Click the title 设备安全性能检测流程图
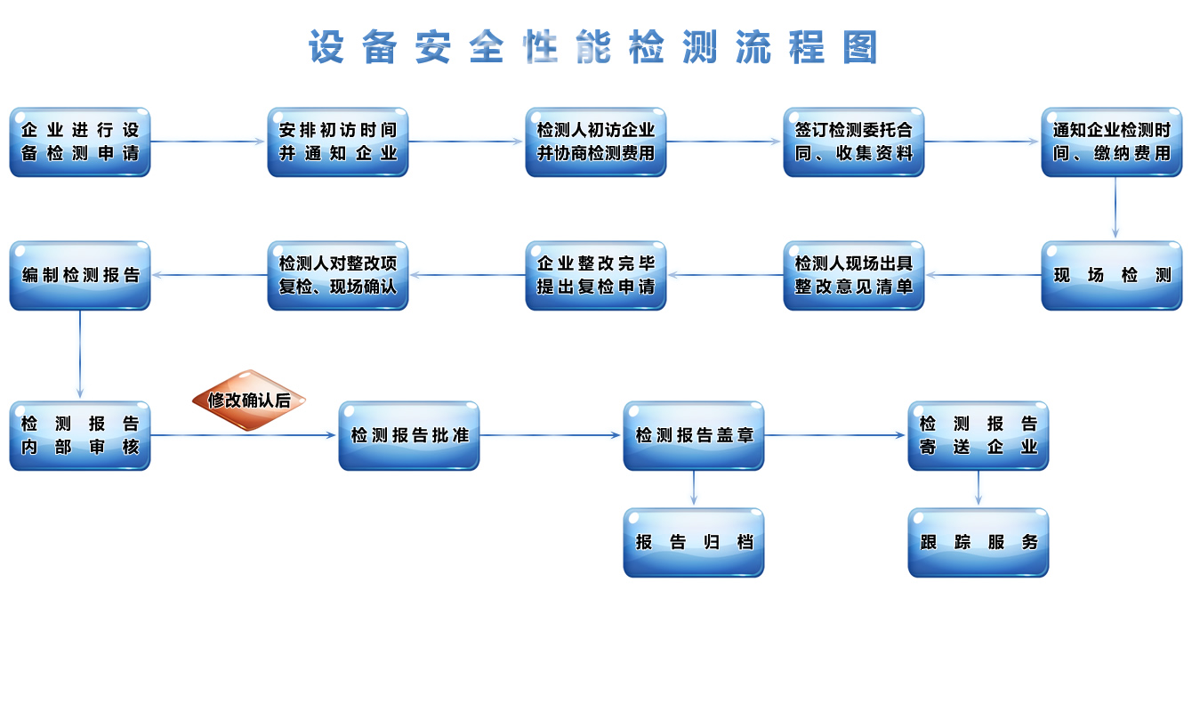(x=594, y=47)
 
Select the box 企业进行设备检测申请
(x=80, y=142)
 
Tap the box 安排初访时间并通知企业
(x=338, y=142)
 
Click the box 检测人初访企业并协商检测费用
(x=596, y=142)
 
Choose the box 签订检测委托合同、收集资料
(x=854, y=142)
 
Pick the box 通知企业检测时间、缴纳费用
(x=1112, y=142)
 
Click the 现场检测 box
(x=1112, y=276)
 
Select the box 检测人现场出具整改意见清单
(x=854, y=276)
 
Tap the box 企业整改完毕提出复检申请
(x=596, y=276)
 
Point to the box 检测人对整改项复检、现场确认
(x=338, y=276)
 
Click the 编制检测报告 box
(x=80, y=276)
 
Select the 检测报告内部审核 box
(x=80, y=436)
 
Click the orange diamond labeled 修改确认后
(x=249, y=400)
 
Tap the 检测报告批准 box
(x=409, y=436)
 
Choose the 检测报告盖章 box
(x=694, y=436)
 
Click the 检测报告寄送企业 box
(x=979, y=436)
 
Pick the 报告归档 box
(x=694, y=543)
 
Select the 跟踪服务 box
(x=979, y=543)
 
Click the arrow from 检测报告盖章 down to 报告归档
(x=694, y=489)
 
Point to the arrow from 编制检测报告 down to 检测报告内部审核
(x=80, y=354)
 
